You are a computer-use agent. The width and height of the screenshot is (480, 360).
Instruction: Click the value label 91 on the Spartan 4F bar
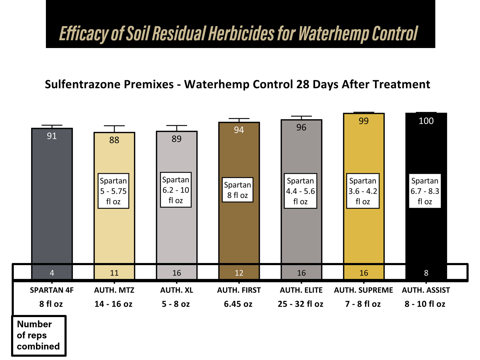click(x=52, y=136)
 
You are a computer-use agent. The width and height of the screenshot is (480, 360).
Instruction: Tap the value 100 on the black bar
click(x=426, y=121)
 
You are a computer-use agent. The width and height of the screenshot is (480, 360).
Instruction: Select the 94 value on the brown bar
click(x=239, y=130)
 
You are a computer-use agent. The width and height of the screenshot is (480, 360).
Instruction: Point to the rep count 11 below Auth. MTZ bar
click(x=114, y=273)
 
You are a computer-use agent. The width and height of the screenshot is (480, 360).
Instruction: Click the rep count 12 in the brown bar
click(x=239, y=273)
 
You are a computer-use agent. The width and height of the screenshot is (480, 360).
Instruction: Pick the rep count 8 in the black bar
click(x=426, y=273)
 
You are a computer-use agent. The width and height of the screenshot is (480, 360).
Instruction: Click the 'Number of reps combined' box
click(x=39, y=335)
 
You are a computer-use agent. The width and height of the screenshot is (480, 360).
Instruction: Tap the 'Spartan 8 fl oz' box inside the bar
click(x=237, y=190)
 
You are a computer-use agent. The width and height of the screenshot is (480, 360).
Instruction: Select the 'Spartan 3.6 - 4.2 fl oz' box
click(x=363, y=191)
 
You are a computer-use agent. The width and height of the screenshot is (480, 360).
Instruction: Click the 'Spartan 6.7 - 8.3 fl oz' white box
click(x=425, y=191)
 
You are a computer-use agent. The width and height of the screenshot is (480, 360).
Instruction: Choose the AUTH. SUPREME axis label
click(x=363, y=290)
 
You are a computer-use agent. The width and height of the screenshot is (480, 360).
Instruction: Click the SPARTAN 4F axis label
click(x=52, y=290)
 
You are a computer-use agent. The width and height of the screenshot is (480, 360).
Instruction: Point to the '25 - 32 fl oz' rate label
click(x=300, y=304)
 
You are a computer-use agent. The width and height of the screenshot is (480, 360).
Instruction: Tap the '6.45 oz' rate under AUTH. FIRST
click(x=238, y=304)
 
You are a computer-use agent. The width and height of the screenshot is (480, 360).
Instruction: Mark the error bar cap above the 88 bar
click(x=114, y=126)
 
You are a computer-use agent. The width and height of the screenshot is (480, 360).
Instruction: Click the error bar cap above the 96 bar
click(x=301, y=116)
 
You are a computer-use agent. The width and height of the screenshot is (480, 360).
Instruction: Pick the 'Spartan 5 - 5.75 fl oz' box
click(x=113, y=191)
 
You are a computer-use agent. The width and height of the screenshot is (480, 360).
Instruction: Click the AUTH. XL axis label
click(x=176, y=290)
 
